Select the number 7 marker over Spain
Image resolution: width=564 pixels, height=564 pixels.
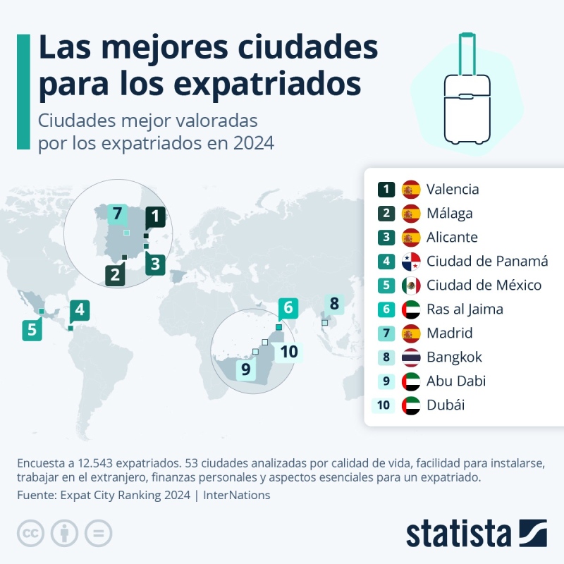coord(117,214)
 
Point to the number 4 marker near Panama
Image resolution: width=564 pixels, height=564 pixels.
coord(80,309)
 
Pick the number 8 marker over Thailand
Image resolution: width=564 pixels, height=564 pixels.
coord(334,305)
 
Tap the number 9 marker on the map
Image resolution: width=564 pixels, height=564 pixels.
coord(246,369)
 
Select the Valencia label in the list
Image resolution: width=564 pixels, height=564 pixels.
coord(453,189)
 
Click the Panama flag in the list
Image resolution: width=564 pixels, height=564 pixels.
coord(411,262)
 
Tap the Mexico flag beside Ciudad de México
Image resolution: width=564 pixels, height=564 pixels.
coord(411,286)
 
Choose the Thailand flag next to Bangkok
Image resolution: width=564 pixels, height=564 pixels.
coord(411,357)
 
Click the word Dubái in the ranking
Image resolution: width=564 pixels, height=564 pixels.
coord(446,405)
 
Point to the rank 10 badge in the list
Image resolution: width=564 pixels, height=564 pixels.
coord(384,405)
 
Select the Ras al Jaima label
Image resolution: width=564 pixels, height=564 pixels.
coord(465,309)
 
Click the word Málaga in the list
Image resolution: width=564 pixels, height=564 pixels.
coord(450,213)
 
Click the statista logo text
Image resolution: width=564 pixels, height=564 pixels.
coord(458,533)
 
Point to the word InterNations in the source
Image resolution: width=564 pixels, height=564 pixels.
coord(236,495)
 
